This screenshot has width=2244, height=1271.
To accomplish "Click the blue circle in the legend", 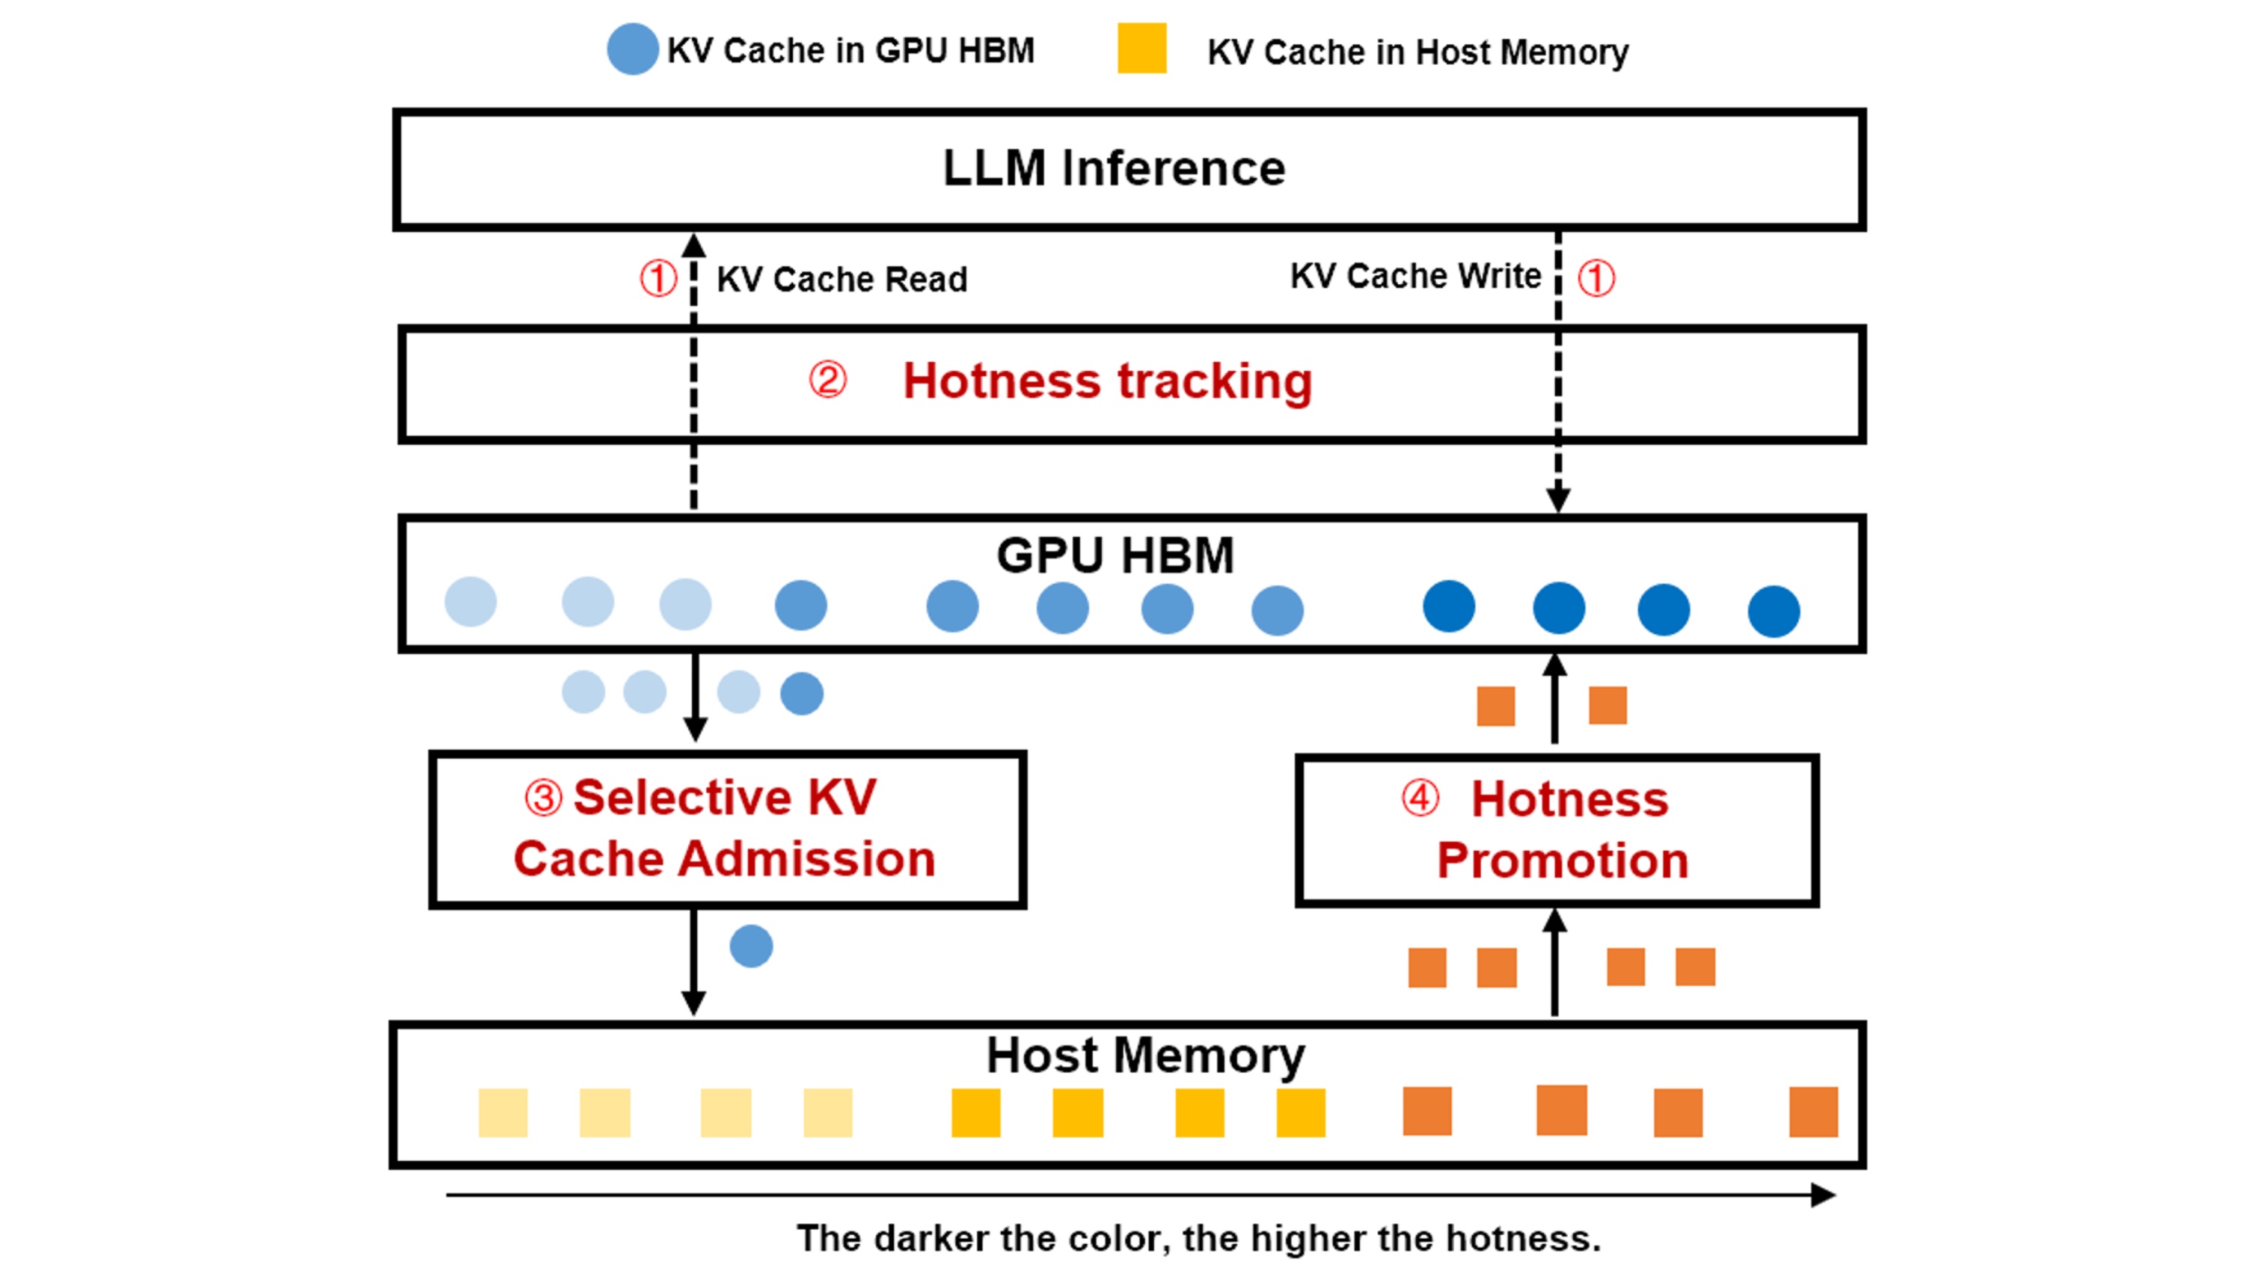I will click(x=632, y=49).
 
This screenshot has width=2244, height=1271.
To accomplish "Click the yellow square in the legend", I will click(x=1141, y=49).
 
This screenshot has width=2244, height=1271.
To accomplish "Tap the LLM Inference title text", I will click(x=1113, y=167).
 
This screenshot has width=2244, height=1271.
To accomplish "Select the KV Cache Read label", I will click(x=841, y=280).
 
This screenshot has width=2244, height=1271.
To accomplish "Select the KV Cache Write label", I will click(x=1415, y=276).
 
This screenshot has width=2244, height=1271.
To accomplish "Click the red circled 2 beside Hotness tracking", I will click(x=827, y=380).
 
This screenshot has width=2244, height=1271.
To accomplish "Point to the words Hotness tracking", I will click(x=1107, y=381).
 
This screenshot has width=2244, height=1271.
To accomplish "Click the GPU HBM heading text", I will click(x=1115, y=556).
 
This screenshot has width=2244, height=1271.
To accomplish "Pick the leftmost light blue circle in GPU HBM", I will click(x=470, y=601).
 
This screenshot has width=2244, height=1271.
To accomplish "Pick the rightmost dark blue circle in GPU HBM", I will click(x=1774, y=611).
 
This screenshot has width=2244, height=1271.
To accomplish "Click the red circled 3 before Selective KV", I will click(x=543, y=797).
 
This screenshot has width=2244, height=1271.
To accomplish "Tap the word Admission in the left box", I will click(x=807, y=859).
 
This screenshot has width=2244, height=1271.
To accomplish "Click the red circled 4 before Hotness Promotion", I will click(x=1420, y=797).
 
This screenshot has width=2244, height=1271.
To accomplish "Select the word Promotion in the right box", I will click(x=1562, y=861).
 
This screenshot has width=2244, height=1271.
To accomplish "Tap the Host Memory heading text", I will click(x=1144, y=1056).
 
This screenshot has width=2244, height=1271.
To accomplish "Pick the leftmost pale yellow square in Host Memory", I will click(x=503, y=1112).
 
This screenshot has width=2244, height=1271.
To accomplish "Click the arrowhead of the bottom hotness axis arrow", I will click(x=1823, y=1194).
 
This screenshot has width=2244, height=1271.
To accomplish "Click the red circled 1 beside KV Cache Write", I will click(x=1596, y=278).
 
